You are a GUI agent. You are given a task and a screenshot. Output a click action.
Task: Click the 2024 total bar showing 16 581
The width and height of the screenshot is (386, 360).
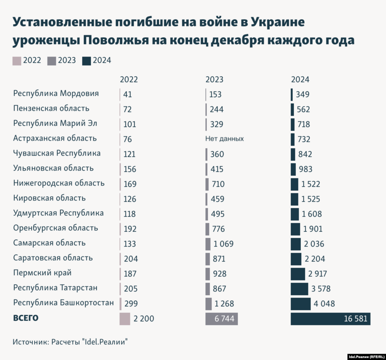point(331,319)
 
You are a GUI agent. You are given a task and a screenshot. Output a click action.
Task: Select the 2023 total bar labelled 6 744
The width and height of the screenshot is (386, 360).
point(221,319)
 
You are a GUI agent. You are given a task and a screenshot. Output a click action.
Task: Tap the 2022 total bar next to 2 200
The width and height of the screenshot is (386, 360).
point(125,319)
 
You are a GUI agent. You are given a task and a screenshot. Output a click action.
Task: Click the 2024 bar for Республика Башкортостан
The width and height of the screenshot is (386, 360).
point(300,303)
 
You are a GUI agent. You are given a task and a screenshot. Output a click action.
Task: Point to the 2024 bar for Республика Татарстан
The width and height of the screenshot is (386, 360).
point(299,289)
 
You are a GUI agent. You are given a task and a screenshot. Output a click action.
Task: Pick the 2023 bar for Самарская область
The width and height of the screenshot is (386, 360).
point(208,244)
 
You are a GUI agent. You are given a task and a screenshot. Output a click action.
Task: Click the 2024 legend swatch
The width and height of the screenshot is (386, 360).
point(86,60)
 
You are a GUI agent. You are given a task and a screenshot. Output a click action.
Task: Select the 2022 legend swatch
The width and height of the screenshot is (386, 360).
point(17,60)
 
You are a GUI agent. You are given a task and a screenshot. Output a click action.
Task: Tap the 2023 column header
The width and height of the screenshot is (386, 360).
point(214,80)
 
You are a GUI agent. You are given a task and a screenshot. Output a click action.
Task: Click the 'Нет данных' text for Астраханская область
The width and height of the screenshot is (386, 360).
point(224,139)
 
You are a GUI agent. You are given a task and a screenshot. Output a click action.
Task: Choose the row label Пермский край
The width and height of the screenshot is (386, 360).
point(42,273)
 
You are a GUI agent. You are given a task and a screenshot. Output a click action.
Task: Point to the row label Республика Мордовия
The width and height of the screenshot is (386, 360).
point(56,93)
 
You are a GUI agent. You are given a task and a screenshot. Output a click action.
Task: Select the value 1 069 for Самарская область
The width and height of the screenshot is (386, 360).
point(224,244)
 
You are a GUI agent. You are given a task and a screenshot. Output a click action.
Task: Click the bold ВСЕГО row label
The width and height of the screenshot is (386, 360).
point(26,318)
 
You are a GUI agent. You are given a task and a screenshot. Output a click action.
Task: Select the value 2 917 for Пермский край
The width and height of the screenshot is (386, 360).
point(317,274)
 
